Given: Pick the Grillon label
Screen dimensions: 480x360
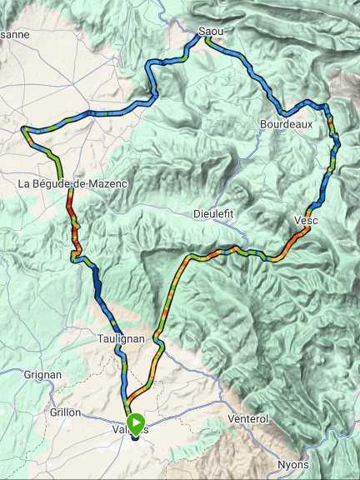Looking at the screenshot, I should tap(64, 412).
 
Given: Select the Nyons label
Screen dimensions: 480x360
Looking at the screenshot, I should tap(293, 464).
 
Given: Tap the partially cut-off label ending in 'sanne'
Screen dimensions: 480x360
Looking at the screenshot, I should tap(14, 35).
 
